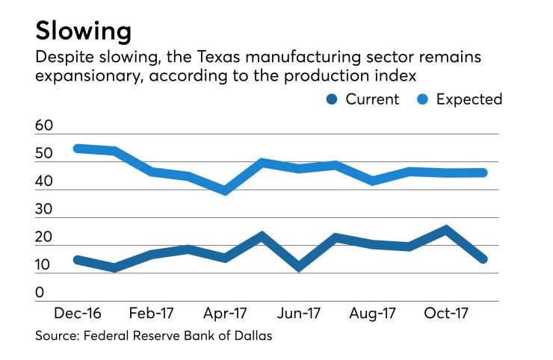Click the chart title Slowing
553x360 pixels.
(x=84, y=31)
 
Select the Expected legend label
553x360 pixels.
(x=471, y=99)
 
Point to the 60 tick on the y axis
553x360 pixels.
(x=44, y=127)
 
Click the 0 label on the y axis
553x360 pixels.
(x=40, y=293)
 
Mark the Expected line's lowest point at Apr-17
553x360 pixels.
(x=224, y=190)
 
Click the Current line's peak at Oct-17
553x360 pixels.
(x=445, y=229)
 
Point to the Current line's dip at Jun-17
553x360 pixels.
(x=298, y=267)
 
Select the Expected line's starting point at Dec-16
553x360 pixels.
(x=78, y=148)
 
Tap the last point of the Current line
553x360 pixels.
(x=483, y=258)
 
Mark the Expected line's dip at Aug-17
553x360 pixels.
(x=372, y=181)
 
